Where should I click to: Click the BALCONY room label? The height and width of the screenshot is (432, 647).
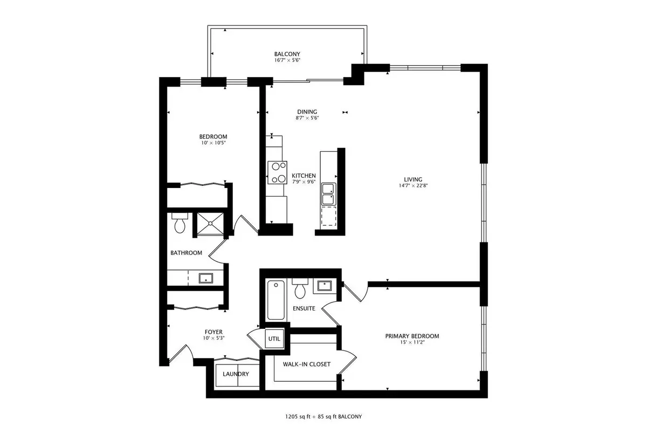pos(287,54)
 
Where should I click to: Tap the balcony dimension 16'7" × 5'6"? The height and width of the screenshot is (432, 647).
pos(287,60)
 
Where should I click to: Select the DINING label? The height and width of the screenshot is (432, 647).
pos(307,112)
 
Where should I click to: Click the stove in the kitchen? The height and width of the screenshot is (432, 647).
pos(277,172)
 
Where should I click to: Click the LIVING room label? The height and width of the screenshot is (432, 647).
pos(413,179)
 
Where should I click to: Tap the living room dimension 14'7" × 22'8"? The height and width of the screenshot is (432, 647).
pos(413,186)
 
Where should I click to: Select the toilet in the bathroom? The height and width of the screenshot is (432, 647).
pos(180,223)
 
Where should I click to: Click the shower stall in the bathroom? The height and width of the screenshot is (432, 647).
pos(210,224)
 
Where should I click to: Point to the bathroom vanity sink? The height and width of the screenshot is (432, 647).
pos(205,278)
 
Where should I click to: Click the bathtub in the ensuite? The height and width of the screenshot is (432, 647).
pos(276,300)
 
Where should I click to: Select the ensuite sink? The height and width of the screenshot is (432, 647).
pos(325,286)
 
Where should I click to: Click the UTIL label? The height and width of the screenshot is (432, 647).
pos(274,339)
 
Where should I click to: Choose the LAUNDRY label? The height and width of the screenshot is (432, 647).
pos(236,374)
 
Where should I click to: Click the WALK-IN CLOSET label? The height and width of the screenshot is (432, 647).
pos(306,364)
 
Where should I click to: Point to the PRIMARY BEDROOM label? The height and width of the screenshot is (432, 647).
pos(412,336)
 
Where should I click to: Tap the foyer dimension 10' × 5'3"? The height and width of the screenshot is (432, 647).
pos(214,338)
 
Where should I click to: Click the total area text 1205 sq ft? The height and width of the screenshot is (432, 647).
pos(298,417)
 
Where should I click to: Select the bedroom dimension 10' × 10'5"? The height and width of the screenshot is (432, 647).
pos(214,143)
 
